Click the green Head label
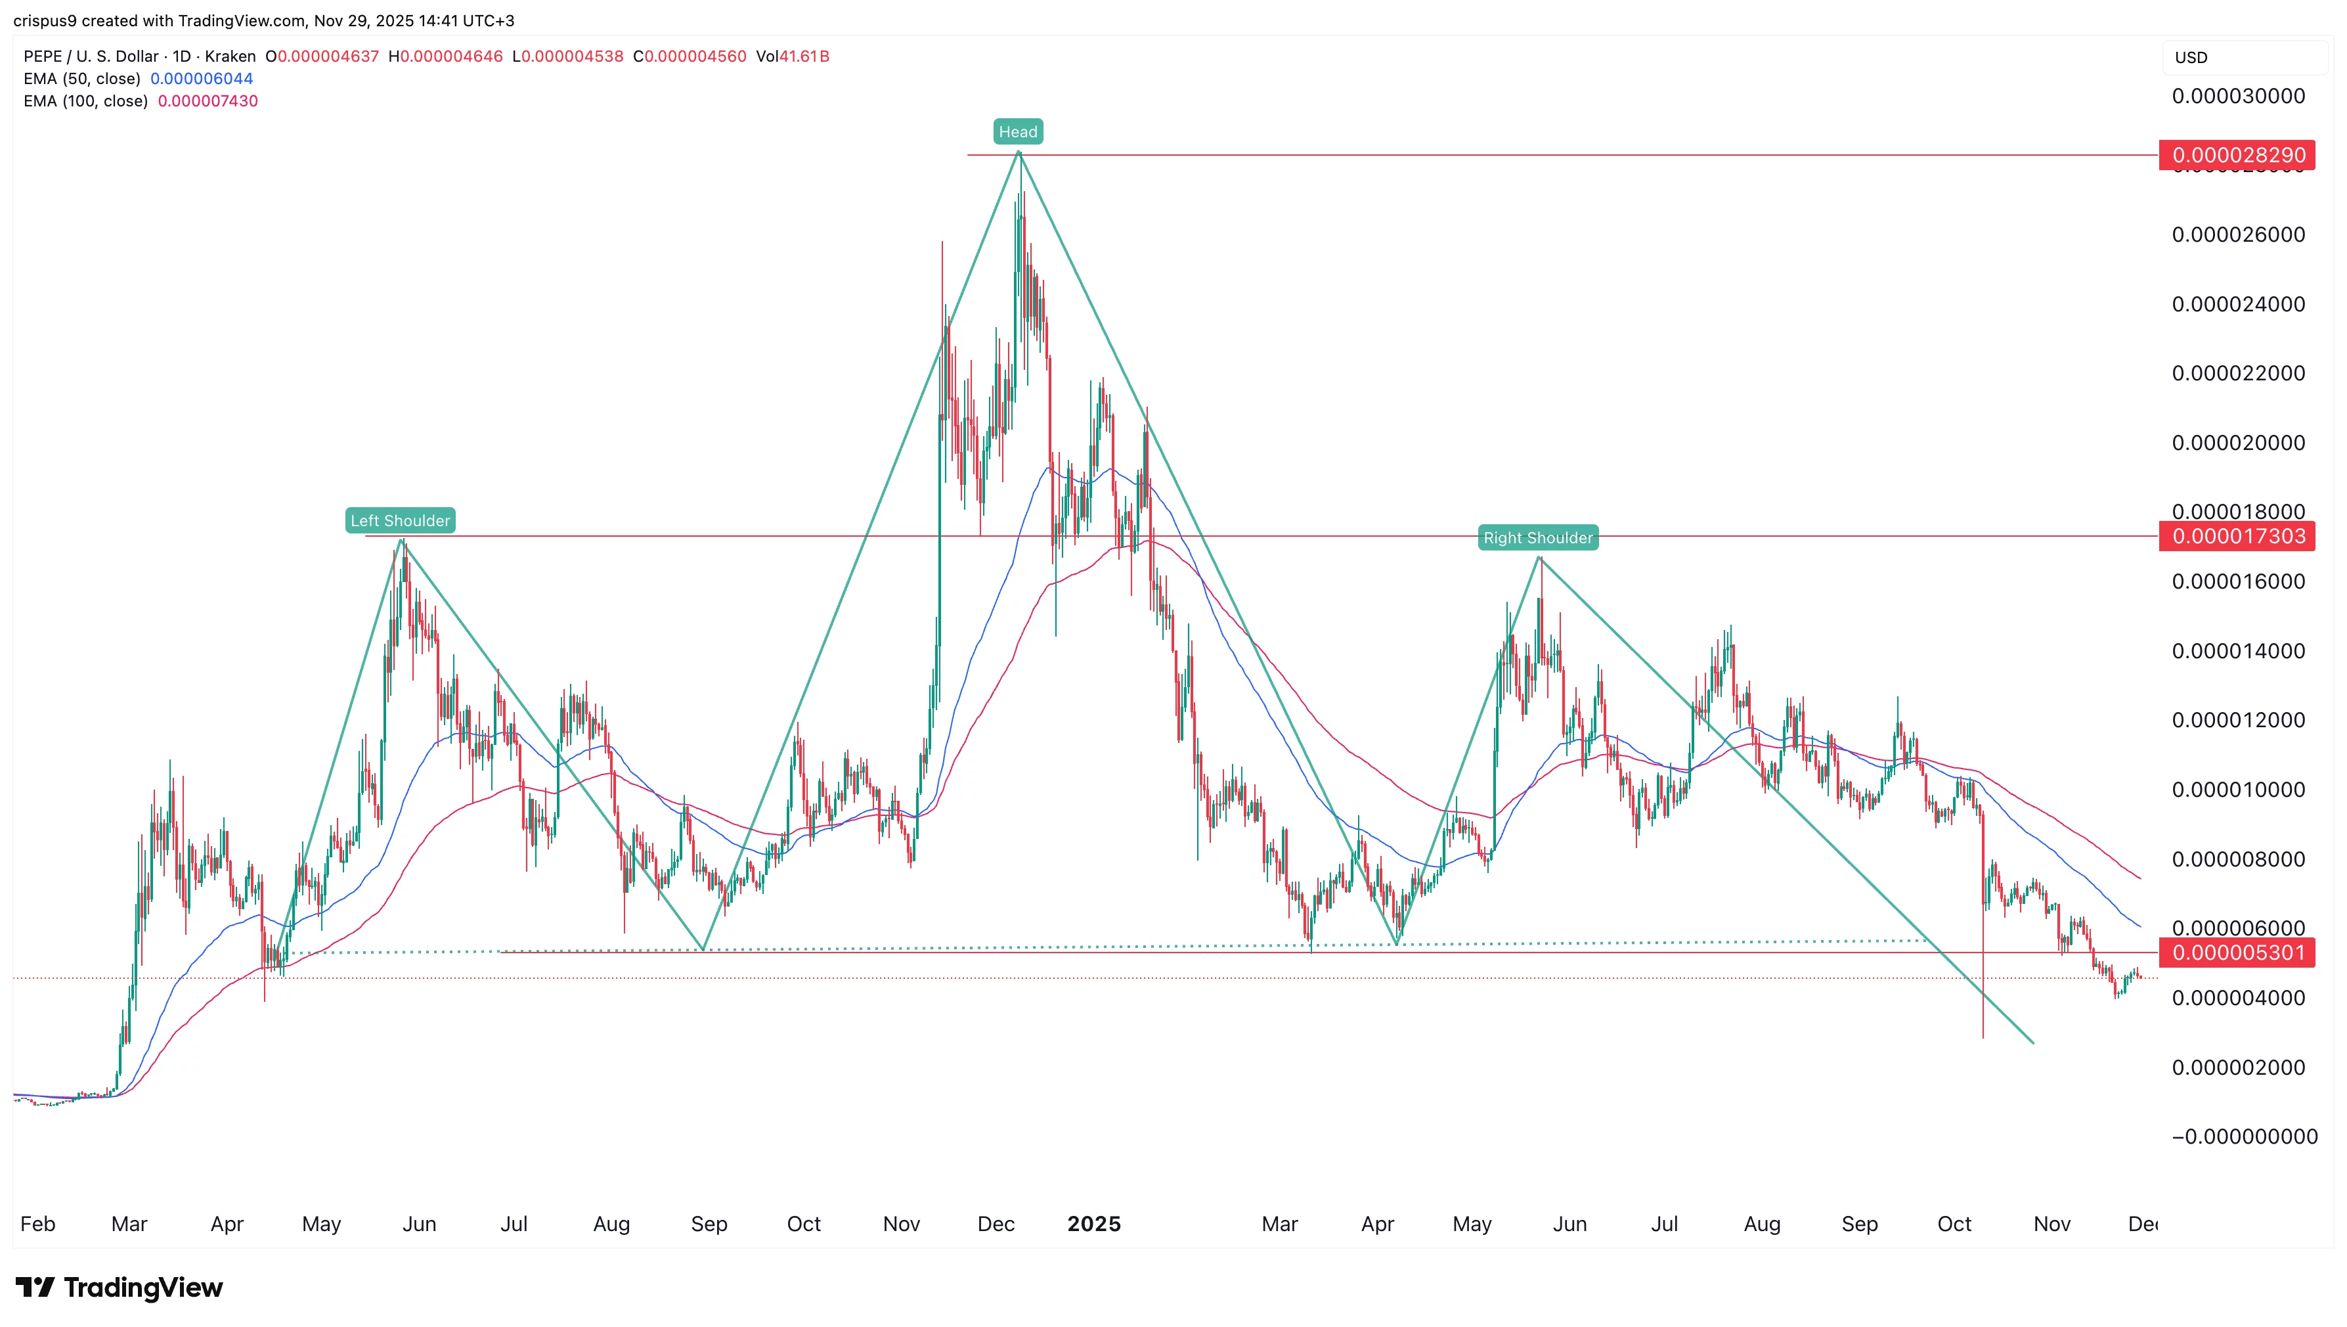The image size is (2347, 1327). [1018, 132]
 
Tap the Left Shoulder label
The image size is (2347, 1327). [400, 520]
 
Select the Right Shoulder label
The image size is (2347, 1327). [1538, 538]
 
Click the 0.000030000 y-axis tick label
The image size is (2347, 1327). [2238, 97]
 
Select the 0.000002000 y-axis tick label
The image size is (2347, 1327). [2238, 1068]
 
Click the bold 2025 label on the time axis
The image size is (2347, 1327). [1093, 1224]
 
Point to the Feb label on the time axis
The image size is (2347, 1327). [37, 1224]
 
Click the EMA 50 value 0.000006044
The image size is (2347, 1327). [202, 78]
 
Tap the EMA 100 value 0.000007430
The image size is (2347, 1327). [208, 101]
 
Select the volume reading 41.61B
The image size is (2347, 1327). [804, 56]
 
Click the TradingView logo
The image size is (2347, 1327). [120, 1287]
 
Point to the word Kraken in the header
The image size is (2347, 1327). [230, 56]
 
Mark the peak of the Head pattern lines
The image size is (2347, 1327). [1019, 152]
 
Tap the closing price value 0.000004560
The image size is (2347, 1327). [695, 56]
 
